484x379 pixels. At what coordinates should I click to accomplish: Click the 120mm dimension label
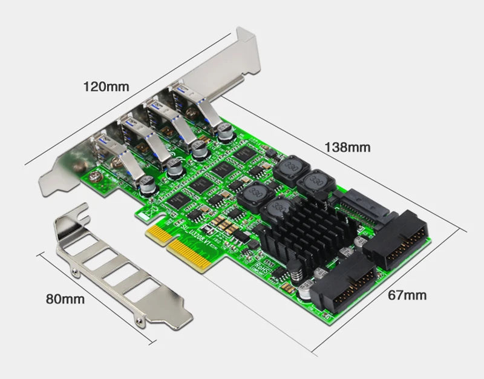pyautogui.click(x=106, y=87)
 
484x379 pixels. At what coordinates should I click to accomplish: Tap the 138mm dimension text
pyautogui.click(x=348, y=147)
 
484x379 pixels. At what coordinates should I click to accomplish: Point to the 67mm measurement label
pyautogui.click(x=407, y=295)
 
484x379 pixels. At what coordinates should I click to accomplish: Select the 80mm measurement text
pyautogui.click(x=64, y=298)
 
